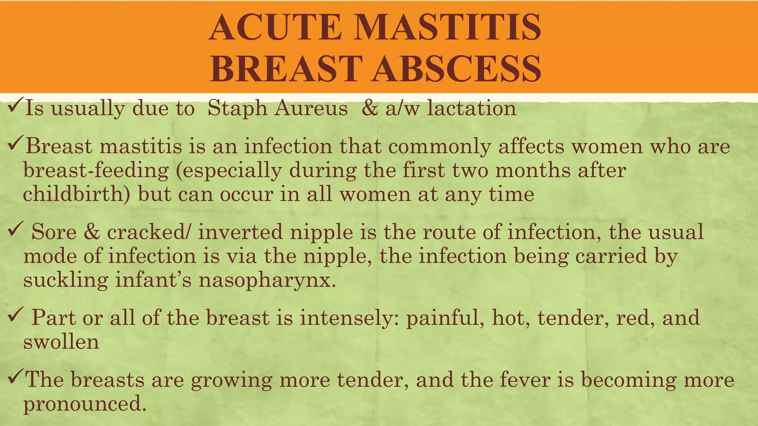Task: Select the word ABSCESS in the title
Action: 457,69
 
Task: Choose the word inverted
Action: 240,232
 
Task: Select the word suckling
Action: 66,280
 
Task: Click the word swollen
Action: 61,342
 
